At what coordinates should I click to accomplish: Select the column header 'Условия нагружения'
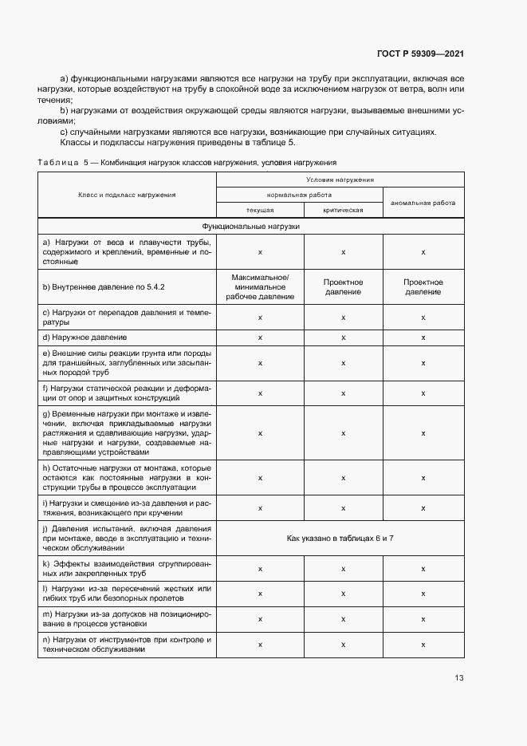(x=340, y=180)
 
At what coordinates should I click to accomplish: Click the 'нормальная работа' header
(x=299, y=195)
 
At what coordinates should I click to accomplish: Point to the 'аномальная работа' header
(x=423, y=203)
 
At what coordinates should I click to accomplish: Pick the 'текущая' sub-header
(x=260, y=210)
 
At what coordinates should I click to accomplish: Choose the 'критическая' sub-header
(x=343, y=210)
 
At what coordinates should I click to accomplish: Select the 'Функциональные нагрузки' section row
(x=251, y=227)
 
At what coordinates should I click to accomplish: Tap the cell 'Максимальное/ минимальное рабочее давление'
(x=260, y=286)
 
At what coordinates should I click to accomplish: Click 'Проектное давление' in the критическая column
(x=343, y=286)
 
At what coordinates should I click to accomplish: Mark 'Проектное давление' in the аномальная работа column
(x=423, y=286)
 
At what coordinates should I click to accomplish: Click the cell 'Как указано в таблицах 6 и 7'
(x=340, y=539)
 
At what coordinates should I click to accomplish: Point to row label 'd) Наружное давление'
(x=82, y=338)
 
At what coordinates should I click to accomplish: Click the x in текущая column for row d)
(x=260, y=338)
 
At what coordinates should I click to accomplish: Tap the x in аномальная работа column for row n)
(x=423, y=645)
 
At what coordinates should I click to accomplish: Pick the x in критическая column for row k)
(x=343, y=569)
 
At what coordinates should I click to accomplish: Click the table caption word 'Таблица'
(x=57, y=162)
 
